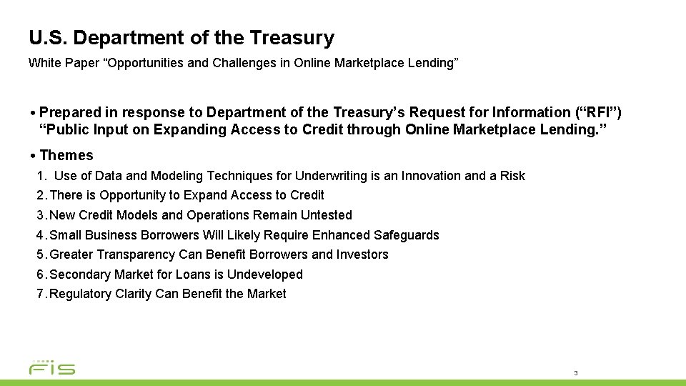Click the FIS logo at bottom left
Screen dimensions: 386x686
pyautogui.click(x=51, y=367)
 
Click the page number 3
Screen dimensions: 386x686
pyautogui.click(x=575, y=373)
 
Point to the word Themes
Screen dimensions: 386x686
pyautogui.click(x=66, y=155)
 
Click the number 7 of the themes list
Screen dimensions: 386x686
pyautogui.click(x=40, y=294)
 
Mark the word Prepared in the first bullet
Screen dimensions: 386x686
pyautogui.click(x=69, y=112)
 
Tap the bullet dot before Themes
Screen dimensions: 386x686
pyautogui.click(x=34, y=156)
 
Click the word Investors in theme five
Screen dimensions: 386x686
pyautogui.click(x=362, y=254)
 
